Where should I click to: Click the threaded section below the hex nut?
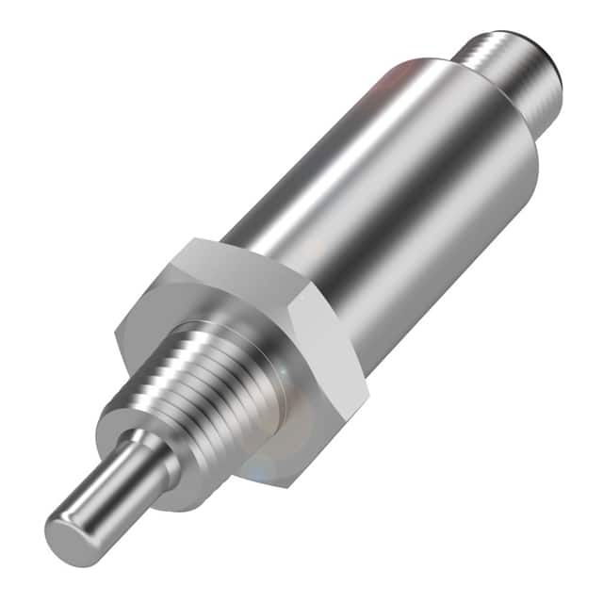[217, 377]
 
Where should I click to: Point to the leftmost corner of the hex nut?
[117, 330]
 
